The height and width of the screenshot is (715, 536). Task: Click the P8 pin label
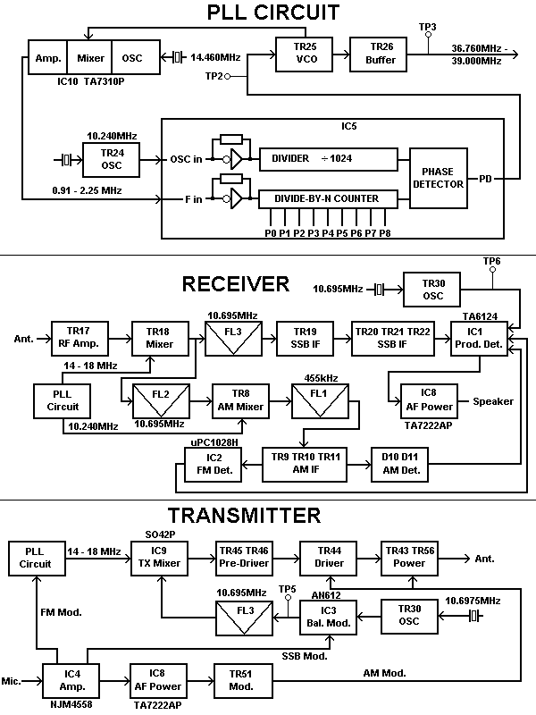pyautogui.click(x=385, y=233)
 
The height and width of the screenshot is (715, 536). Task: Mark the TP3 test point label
pyautogui.click(x=427, y=28)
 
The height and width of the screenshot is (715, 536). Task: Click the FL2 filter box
pyautogui.click(x=159, y=396)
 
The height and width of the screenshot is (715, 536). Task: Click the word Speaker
pyautogui.click(x=493, y=401)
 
